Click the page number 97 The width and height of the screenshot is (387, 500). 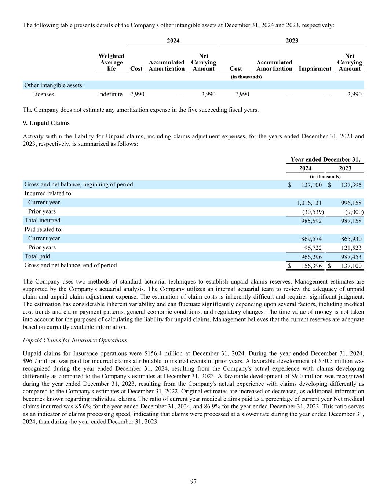click(193, 481)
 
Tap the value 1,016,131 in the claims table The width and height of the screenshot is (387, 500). click(309, 203)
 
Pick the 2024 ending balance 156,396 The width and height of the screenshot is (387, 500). click(311, 266)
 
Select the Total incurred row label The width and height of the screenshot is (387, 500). click(42, 221)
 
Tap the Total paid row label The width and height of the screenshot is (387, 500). click(37, 256)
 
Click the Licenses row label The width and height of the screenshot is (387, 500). click(43, 95)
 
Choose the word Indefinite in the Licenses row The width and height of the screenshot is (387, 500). click(110, 95)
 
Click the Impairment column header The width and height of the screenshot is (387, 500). click(315, 69)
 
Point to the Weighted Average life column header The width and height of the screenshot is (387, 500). click(111, 62)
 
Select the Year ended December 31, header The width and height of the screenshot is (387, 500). click(325, 159)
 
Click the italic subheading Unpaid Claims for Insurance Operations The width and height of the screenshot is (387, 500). click(75, 340)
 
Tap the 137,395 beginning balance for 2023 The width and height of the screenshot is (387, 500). click(351, 185)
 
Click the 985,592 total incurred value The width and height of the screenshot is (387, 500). click(311, 221)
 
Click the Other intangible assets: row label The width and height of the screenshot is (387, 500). click(54, 85)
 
